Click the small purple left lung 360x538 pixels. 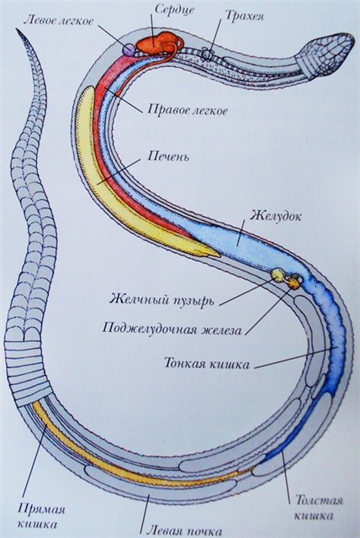click(129, 50)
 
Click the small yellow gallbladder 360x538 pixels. click(277, 274)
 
